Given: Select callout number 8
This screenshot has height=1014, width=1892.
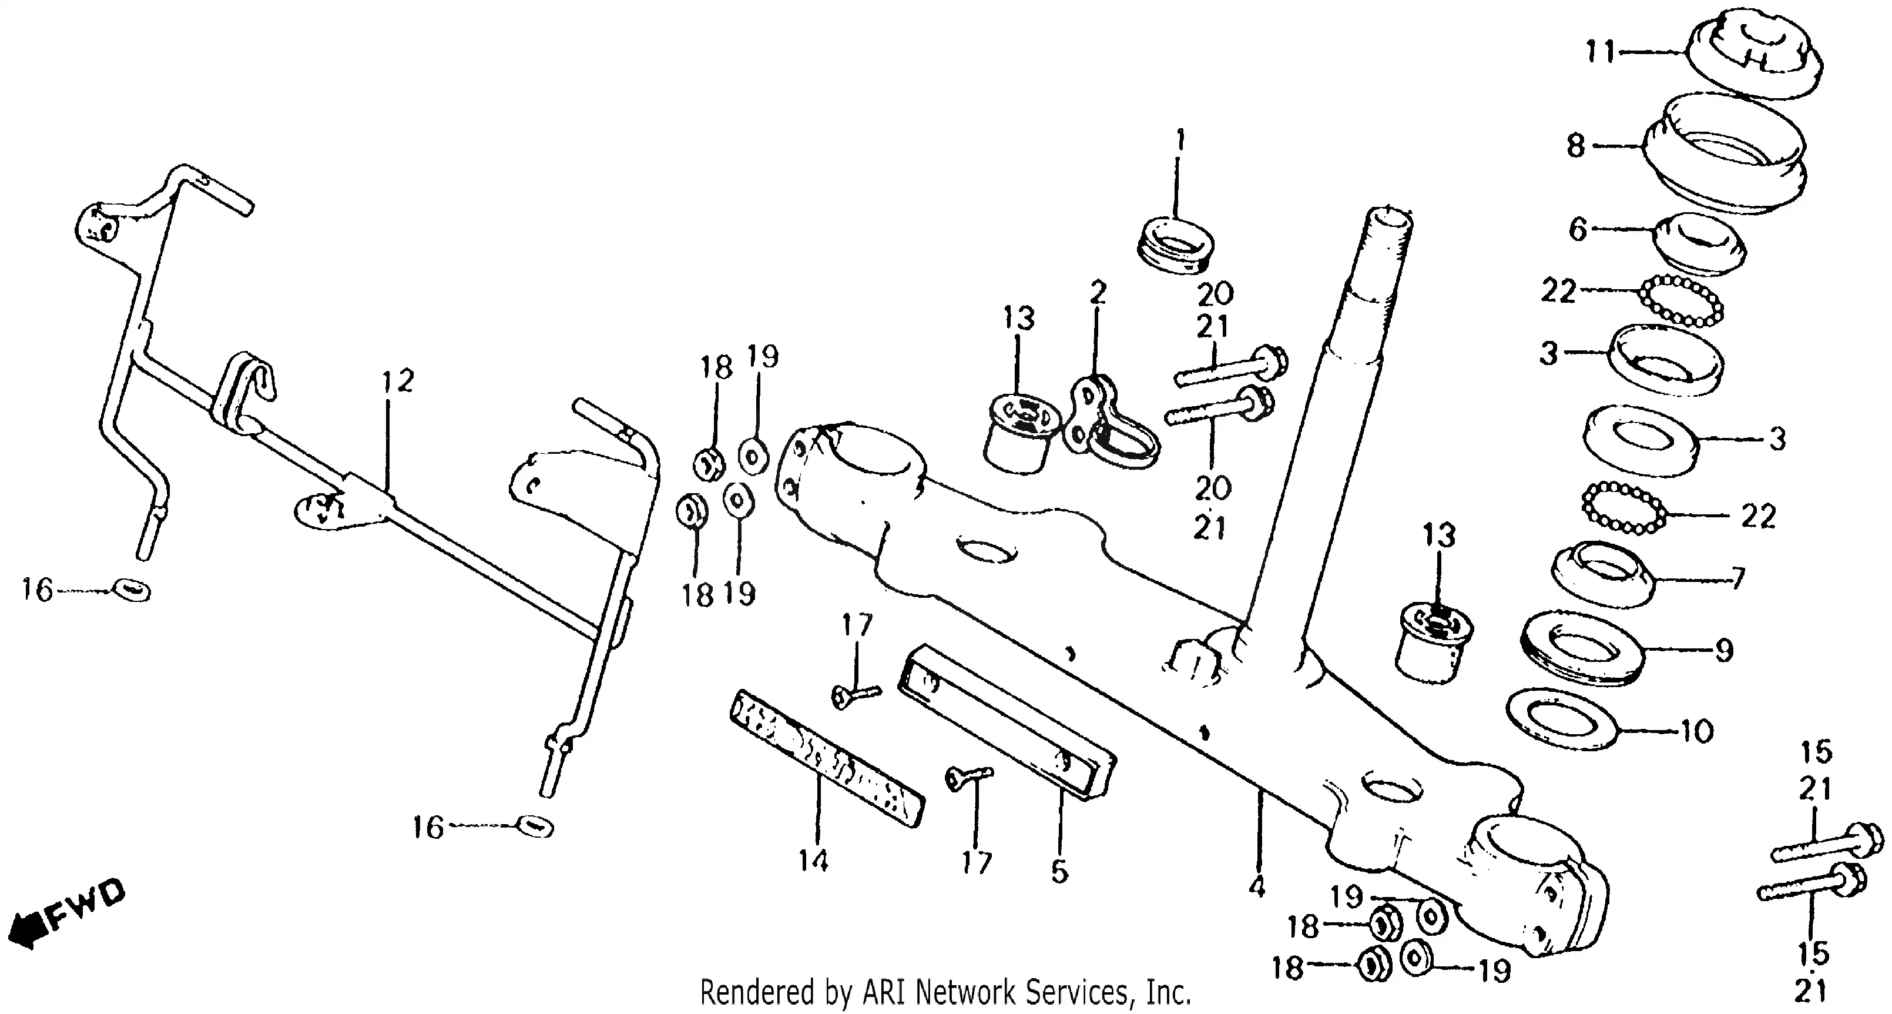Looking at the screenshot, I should [1576, 146].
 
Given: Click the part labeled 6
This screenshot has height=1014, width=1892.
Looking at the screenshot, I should [1698, 244].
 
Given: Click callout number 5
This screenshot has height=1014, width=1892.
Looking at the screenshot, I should [1058, 871].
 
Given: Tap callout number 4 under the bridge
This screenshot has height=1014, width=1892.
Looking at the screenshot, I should [1257, 888].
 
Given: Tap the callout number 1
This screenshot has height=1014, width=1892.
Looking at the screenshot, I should [1180, 139].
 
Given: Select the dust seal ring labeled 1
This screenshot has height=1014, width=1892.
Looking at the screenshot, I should [1175, 245].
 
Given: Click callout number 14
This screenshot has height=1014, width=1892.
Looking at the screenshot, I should [814, 859].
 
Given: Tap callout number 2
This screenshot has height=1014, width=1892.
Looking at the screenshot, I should [1098, 293].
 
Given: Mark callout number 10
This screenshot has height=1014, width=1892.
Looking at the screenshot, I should [1698, 731].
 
